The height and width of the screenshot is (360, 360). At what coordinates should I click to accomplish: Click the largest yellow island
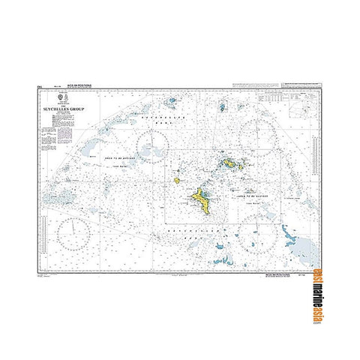(201, 200)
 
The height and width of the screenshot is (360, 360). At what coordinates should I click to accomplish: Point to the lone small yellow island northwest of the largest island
(176, 180)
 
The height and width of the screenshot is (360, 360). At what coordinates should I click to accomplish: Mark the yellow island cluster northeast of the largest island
(229, 163)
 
